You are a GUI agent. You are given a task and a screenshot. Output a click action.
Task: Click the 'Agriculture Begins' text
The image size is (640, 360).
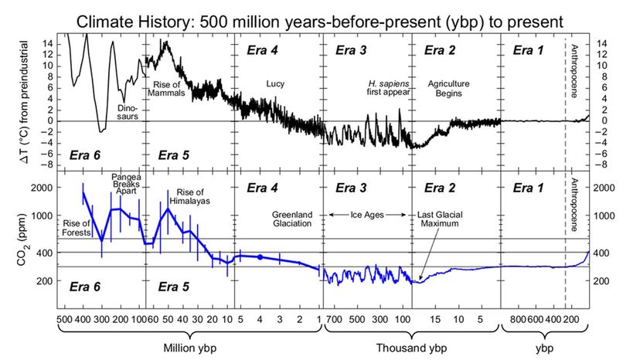point(448,88)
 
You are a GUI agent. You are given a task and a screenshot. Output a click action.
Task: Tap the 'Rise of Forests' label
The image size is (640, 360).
point(80,228)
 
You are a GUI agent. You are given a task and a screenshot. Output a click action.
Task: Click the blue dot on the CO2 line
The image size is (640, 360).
point(261,256)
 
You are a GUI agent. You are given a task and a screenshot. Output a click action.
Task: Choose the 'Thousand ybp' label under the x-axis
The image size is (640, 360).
point(412,346)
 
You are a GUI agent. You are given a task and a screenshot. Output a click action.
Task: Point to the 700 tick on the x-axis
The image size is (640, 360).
point(332,318)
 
